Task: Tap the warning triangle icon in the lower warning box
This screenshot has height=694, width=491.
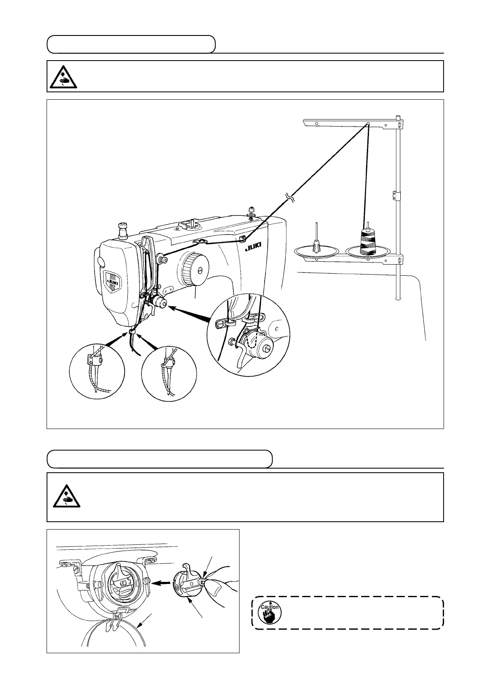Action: click(66, 498)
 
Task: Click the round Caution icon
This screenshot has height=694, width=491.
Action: click(269, 612)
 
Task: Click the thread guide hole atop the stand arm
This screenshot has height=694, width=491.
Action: click(368, 123)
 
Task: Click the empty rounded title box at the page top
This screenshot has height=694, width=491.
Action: click(131, 45)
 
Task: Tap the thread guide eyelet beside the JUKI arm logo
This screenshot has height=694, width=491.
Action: click(242, 238)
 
